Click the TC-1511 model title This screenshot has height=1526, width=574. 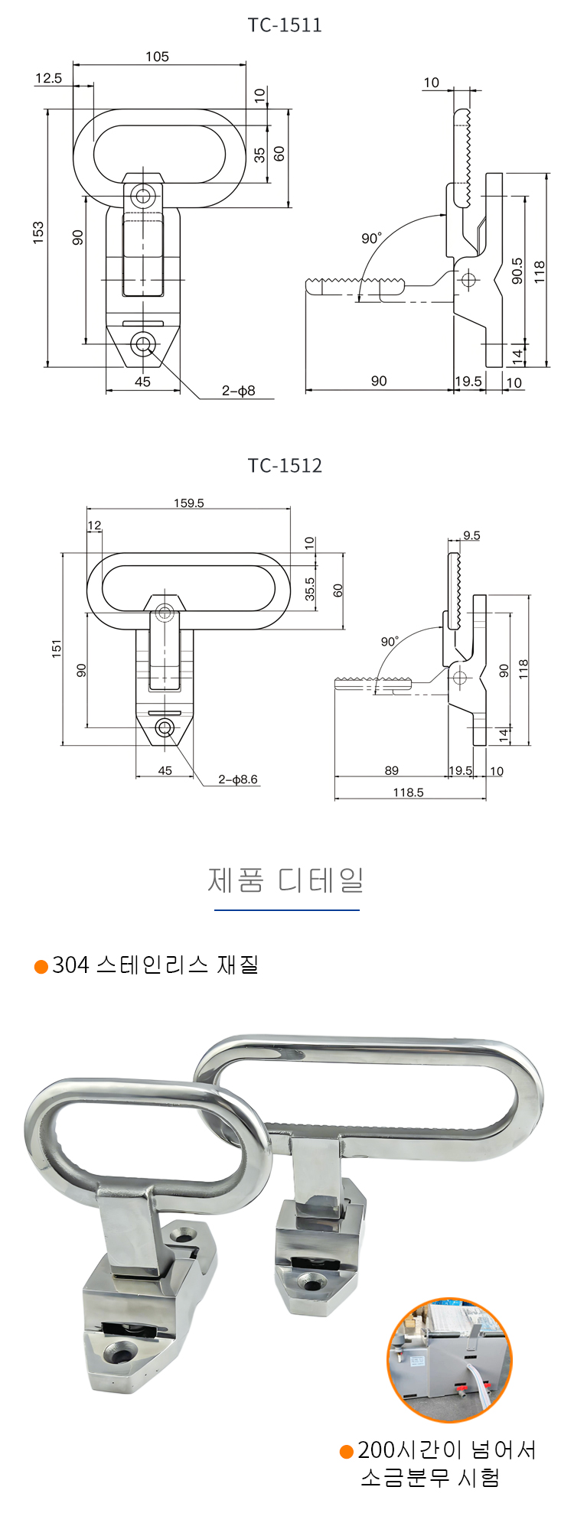tap(285, 25)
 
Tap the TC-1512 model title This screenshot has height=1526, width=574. tap(285, 465)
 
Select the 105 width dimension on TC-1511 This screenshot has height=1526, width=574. tap(157, 57)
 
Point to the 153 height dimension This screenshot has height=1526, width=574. tap(38, 233)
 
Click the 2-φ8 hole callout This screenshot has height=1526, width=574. tap(238, 391)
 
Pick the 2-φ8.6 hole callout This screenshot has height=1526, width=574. tap(238, 779)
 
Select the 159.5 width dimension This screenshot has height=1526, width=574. tap(189, 503)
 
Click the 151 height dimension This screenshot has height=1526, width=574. tap(57, 649)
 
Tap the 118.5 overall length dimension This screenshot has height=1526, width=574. tap(408, 792)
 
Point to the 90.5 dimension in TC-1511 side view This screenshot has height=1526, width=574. tap(518, 271)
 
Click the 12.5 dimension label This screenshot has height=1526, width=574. tap(48, 78)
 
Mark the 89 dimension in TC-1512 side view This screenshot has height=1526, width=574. tap(392, 771)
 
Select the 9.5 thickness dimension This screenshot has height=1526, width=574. tap(471, 535)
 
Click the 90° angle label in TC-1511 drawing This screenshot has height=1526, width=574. tap(371, 239)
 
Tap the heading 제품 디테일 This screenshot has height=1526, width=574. tap(285, 880)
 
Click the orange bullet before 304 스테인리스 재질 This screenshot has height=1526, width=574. tap(41, 967)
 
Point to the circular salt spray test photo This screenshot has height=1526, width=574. tap(448, 1359)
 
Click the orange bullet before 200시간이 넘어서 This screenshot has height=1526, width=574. tap(347, 1451)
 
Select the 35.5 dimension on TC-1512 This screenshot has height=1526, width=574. tap(309, 589)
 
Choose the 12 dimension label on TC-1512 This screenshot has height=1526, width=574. tap(94, 525)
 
